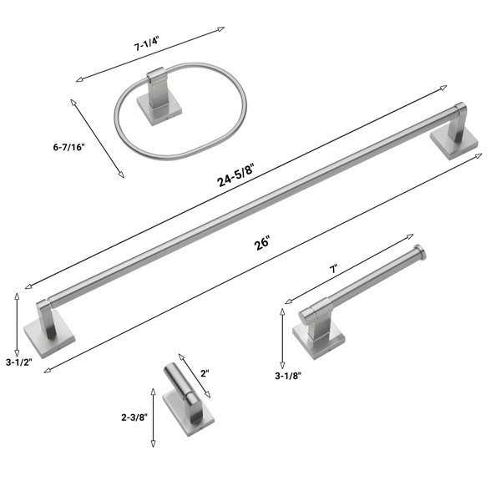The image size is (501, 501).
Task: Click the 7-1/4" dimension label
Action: pyautogui.click(x=146, y=44)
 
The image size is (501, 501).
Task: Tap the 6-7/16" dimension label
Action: pyautogui.click(x=69, y=147)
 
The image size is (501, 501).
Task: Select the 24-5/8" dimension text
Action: pyautogui.click(x=235, y=175)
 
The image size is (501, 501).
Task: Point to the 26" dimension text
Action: pyautogui.click(x=262, y=243)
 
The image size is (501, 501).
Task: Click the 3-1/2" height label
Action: pyautogui.click(x=19, y=362)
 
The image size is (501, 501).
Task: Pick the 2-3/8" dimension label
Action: pyautogui.click(x=134, y=417)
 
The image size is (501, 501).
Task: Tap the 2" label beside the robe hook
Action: pyautogui.click(x=205, y=373)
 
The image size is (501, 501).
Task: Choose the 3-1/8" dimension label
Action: pyautogui.click(x=288, y=376)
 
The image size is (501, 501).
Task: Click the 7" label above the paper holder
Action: pyautogui.click(x=333, y=269)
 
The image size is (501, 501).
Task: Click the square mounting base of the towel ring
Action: pyautogui.click(x=159, y=109)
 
